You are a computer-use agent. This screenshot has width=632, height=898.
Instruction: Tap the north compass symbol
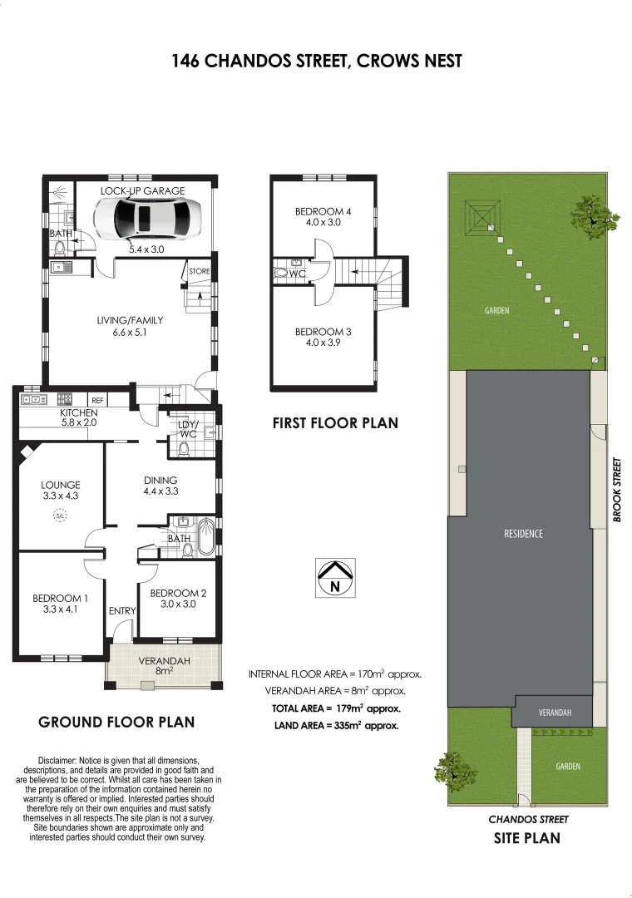335,577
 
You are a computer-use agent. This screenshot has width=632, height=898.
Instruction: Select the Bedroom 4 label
323,212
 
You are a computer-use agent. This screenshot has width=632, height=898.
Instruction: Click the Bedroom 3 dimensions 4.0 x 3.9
323,343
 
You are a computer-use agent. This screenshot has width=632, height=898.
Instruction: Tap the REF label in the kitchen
97,400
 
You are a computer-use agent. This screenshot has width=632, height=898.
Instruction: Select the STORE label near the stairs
199,271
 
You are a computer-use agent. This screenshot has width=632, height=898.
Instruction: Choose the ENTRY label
122,611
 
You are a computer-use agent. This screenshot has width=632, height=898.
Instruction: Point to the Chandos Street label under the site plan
528,819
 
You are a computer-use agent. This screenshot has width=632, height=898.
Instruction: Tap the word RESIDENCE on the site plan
523,533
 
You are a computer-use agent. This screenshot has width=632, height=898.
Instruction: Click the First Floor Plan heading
335,423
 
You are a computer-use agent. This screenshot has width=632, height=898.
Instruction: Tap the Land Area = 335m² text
336,725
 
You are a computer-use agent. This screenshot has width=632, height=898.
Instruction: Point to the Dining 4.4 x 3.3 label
160,486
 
